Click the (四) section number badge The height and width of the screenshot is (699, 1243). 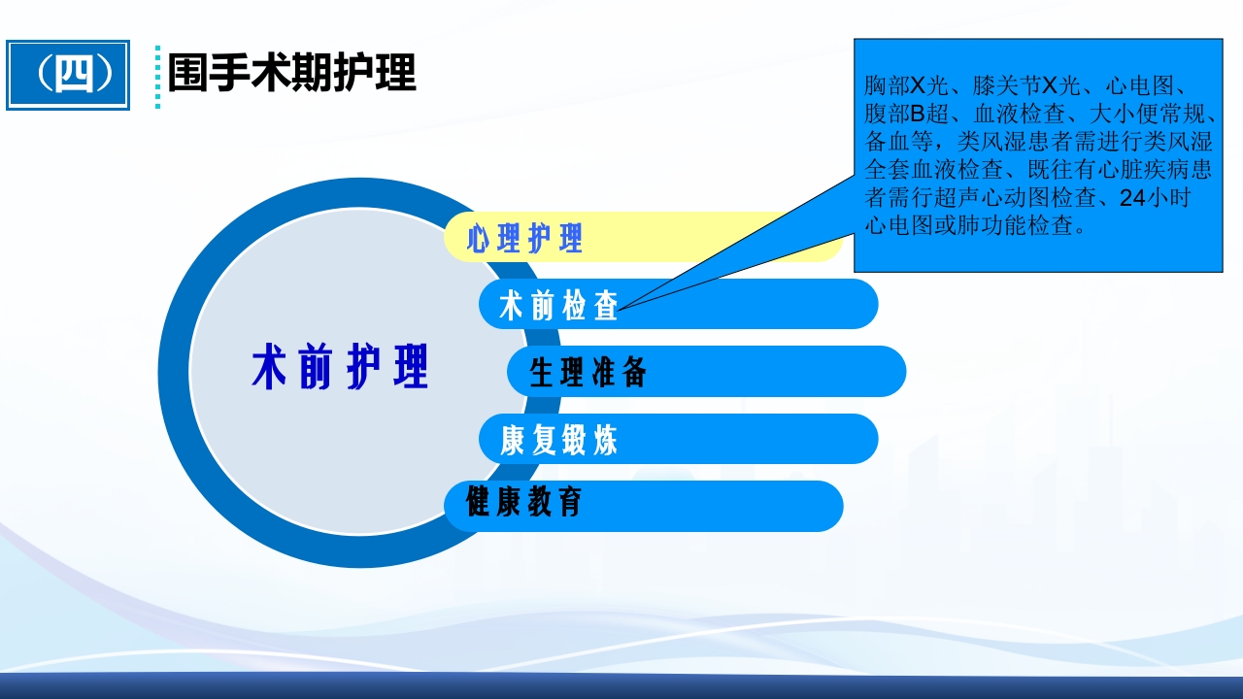(68, 75)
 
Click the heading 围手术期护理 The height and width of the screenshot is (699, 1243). (292, 73)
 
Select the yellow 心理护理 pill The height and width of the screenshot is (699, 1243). (525, 239)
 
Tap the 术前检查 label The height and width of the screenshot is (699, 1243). (558, 306)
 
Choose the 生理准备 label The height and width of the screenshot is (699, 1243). (588, 373)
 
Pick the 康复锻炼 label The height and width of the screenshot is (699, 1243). (558, 441)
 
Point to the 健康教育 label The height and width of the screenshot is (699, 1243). (524, 503)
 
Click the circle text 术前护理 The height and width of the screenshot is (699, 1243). (340, 367)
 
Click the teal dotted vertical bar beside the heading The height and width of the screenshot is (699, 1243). (158, 76)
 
